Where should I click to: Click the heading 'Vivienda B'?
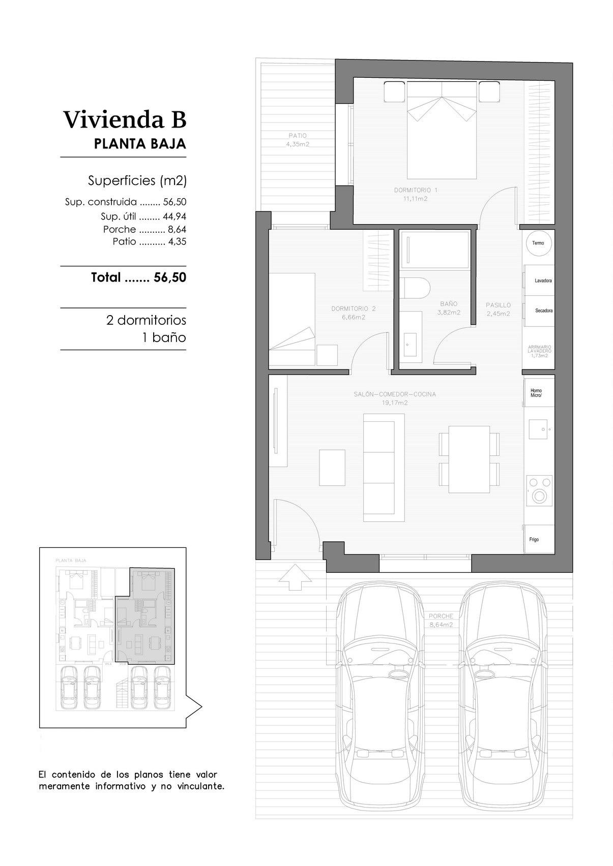[125, 120]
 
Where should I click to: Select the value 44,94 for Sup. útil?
[174, 216]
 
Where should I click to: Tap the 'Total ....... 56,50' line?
[138, 277]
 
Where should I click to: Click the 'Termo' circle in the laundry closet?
[538, 243]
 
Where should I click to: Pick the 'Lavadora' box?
[539, 281]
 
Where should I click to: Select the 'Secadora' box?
[539, 311]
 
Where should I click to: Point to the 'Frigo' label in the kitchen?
[534, 540]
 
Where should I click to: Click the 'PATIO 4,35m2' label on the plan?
[298, 140]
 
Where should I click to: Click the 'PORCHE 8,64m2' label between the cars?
[441, 620]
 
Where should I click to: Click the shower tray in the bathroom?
[435, 249]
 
